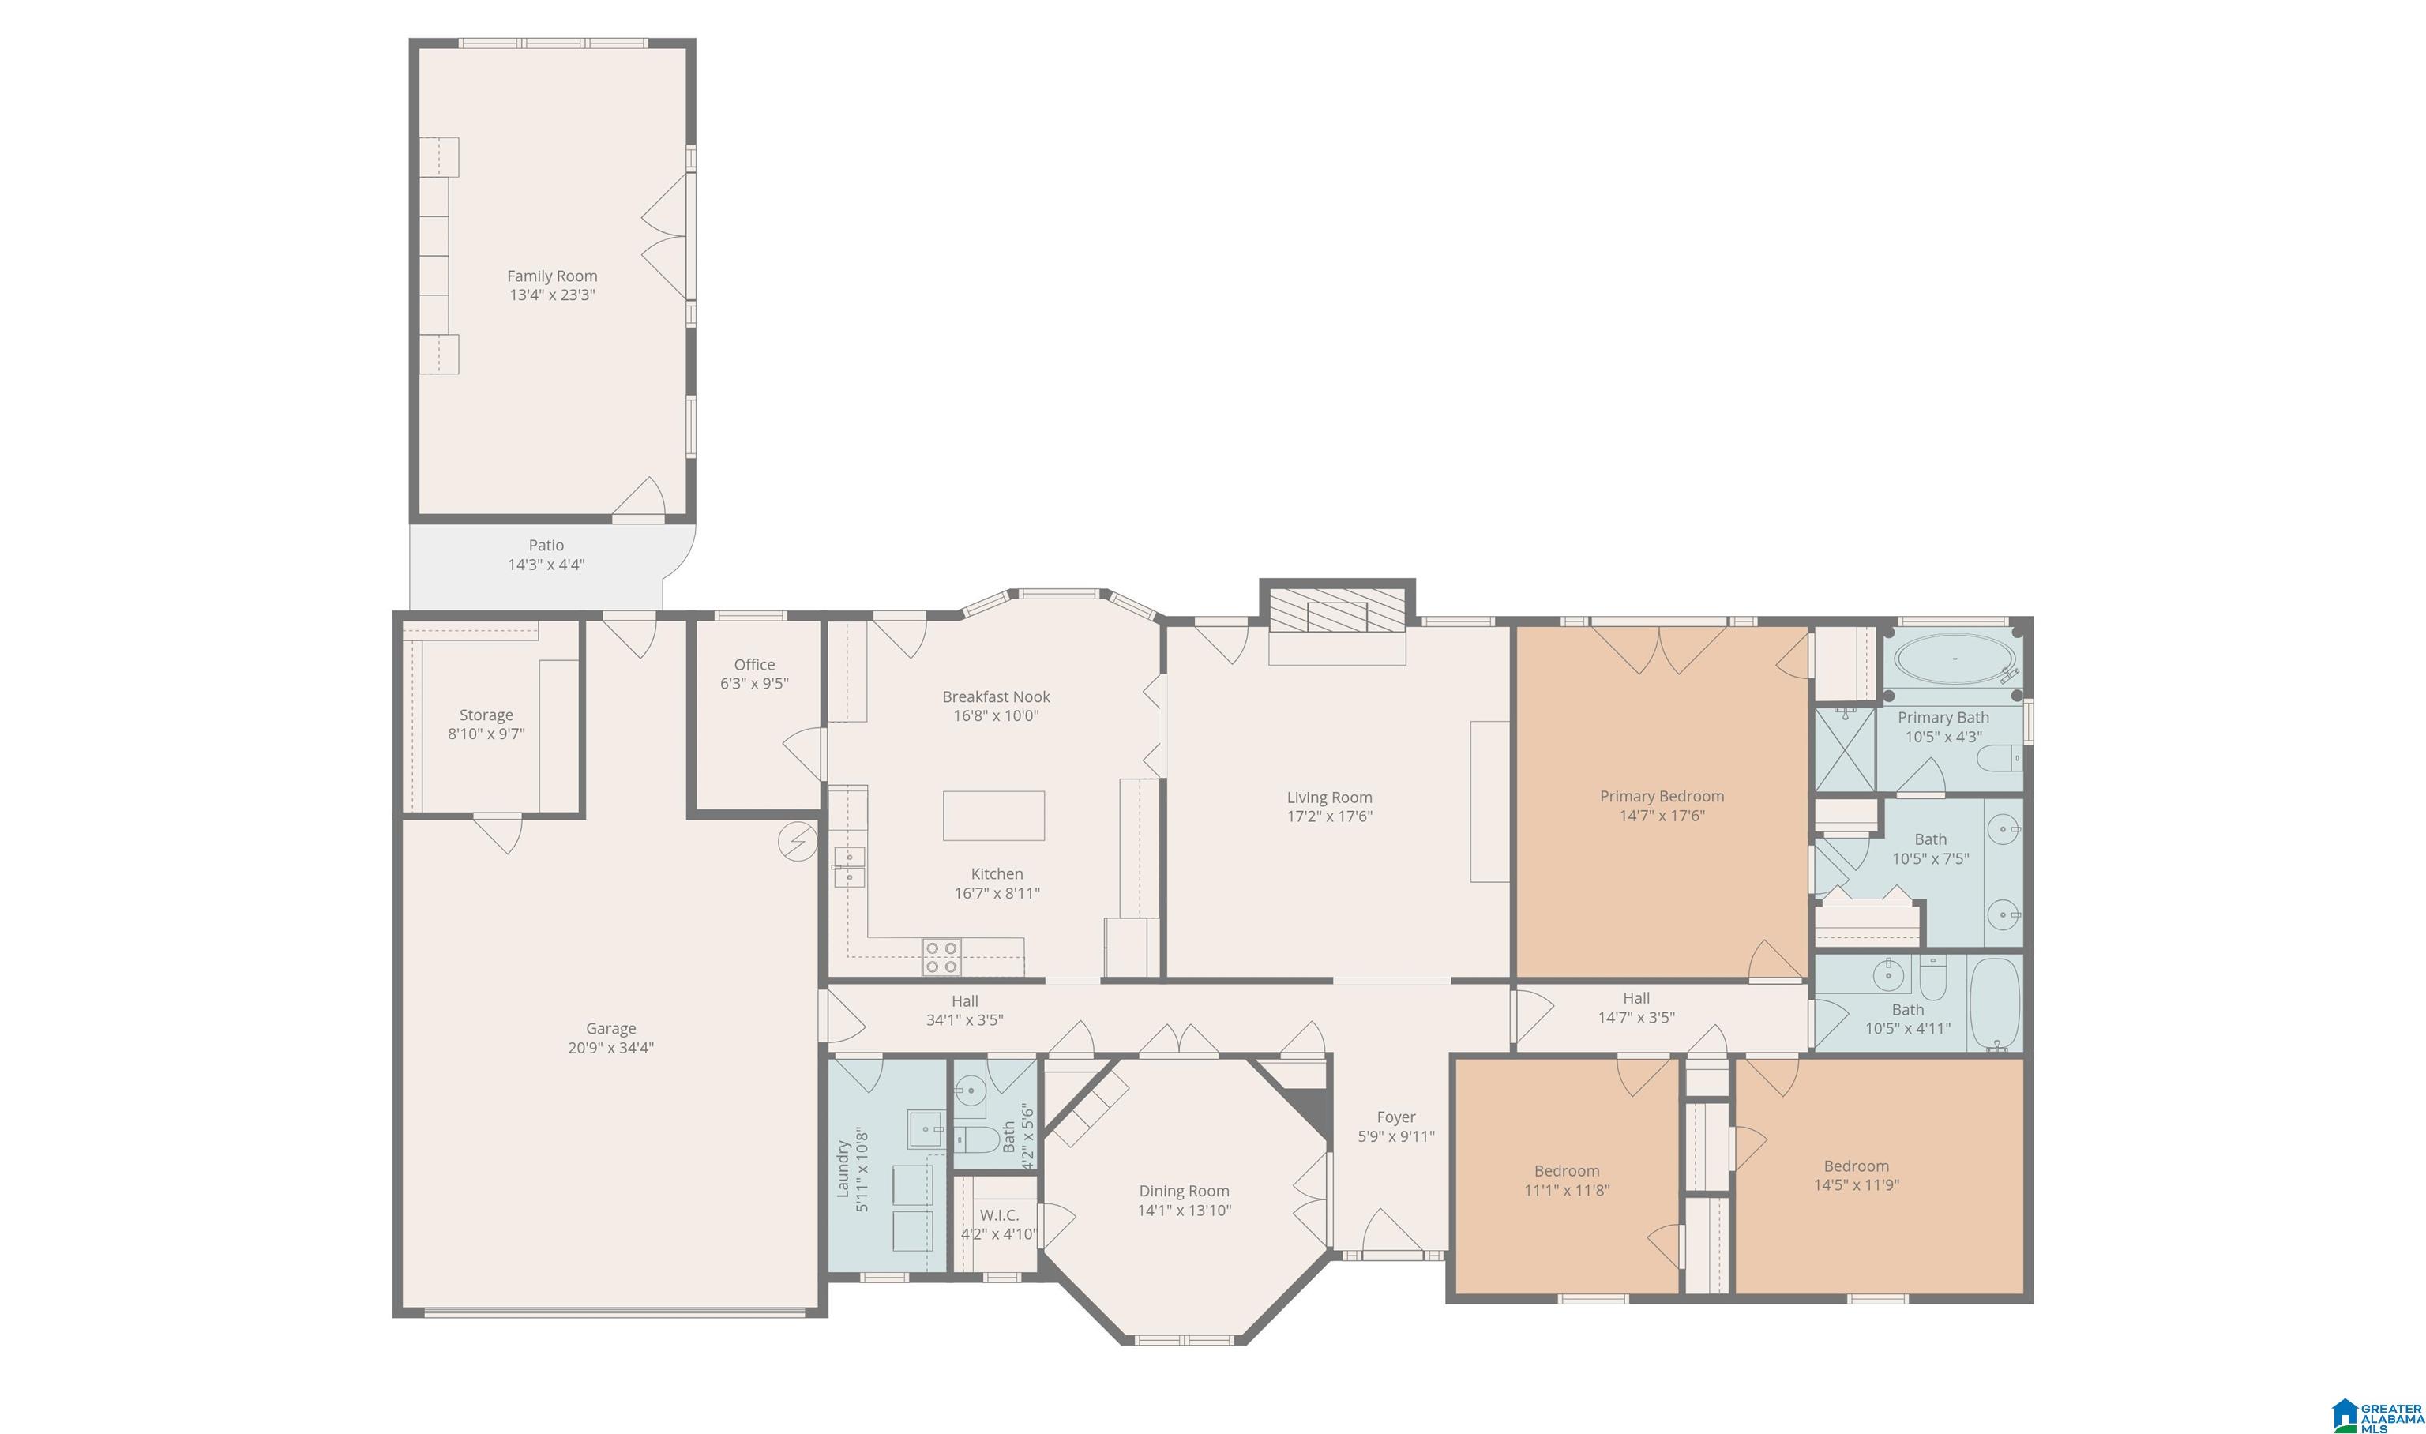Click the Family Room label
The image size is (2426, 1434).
pos(552,276)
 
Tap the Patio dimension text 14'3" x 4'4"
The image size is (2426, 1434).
pos(546,565)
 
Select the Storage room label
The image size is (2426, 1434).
pos(486,715)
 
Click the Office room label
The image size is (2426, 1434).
pos(754,665)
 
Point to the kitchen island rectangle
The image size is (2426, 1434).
pos(993,816)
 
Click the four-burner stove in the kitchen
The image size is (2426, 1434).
pos(941,956)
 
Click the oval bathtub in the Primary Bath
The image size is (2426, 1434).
pos(1955,659)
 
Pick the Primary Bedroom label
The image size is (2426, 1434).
pos(1662,796)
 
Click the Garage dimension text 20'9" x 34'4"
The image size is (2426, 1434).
pos(610,1048)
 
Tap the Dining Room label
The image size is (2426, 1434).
pos(1184,1192)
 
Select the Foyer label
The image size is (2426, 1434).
pos(1396,1117)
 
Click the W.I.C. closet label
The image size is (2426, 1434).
pos(999,1214)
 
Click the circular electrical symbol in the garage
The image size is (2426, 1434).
pos(797,842)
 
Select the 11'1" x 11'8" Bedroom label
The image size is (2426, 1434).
pos(1567,1171)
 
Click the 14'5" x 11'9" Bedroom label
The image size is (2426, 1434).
pos(1856,1166)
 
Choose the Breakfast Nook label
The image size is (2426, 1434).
pos(996,696)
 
